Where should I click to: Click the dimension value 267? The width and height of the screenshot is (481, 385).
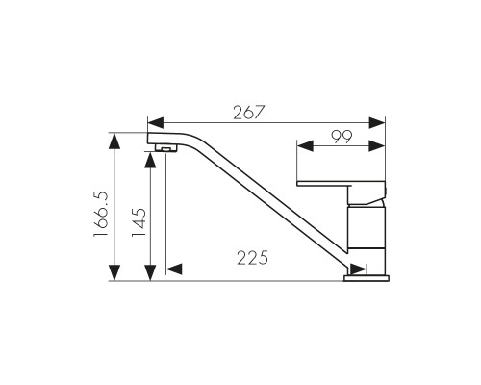pyautogui.click(x=249, y=113)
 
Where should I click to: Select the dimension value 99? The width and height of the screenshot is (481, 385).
pyautogui.click(x=342, y=137)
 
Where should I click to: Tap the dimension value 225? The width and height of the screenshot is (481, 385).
pyautogui.click(x=252, y=258)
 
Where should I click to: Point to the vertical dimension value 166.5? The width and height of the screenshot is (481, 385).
pyautogui.click(x=101, y=215)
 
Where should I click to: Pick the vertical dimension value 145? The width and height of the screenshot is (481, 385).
pyautogui.click(x=139, y=222)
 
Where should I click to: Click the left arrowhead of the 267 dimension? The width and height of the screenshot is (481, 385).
pyautogui.click(x=156, y=122)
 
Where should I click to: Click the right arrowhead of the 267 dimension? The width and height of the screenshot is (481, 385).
pyautogui.click(x=377, y=122)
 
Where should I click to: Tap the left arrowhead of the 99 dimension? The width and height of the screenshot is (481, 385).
pyautogui.click(x=305, y=146)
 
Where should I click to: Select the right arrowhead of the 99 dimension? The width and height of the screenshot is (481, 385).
pyautogui.click(x=377, y=146)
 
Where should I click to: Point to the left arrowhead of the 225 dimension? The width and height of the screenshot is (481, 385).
pyautogui.click(x=174, y=269)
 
